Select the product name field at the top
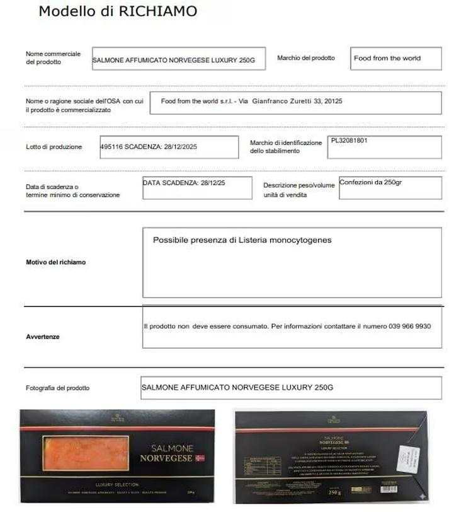(178, 59)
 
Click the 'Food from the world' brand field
(395, 59)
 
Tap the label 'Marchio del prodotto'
(306, 58)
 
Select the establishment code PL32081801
(349, 141)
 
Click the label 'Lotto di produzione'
(54, 147)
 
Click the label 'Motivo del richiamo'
(55, 262)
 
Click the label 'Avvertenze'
(43, 337)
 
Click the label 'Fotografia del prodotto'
(57, 388)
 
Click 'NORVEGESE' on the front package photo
(166, 458)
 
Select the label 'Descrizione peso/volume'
(299, 185)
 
